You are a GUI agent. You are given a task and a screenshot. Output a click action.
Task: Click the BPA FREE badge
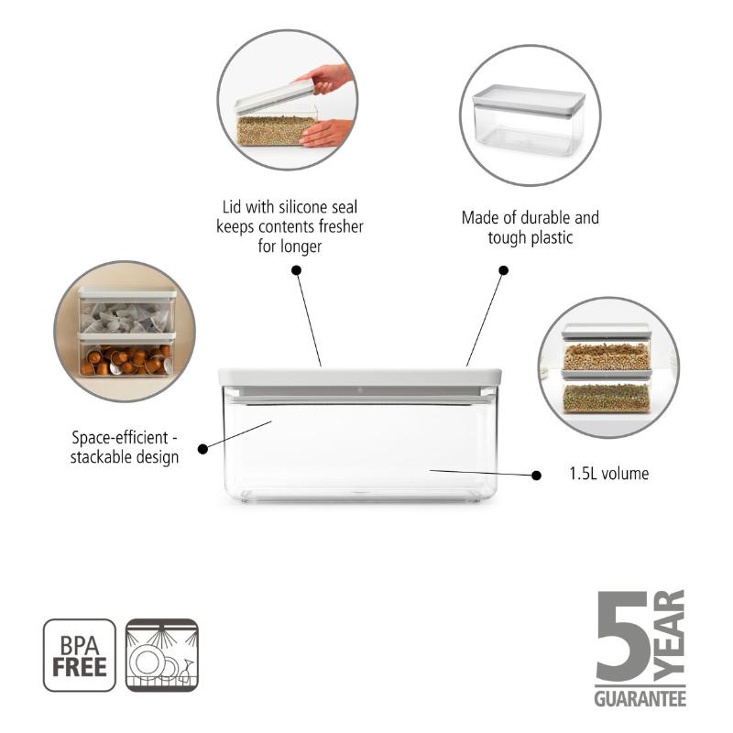tap(80, 655)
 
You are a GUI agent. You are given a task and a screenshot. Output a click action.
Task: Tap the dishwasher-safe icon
tap(162, 655)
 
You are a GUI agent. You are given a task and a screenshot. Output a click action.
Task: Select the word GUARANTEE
tap(640, 698)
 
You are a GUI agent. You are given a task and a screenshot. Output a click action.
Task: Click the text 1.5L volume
tap(608, 474)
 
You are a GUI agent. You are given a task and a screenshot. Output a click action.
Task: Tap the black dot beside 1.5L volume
tap(537, 476)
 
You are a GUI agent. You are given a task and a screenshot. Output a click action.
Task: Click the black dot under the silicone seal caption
tap(296, 270)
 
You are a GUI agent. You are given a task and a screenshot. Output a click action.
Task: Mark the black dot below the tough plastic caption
tap(503, 270)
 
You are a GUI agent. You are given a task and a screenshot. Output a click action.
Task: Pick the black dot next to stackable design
tap(202, 449)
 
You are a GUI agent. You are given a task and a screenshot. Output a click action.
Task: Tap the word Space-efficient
tap(120, 438)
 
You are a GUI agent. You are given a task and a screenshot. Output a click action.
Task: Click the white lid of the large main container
tap(360, 377)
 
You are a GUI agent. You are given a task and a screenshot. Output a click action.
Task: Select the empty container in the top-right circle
tap(529, 120)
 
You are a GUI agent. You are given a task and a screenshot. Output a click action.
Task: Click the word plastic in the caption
tap(552, 238)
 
